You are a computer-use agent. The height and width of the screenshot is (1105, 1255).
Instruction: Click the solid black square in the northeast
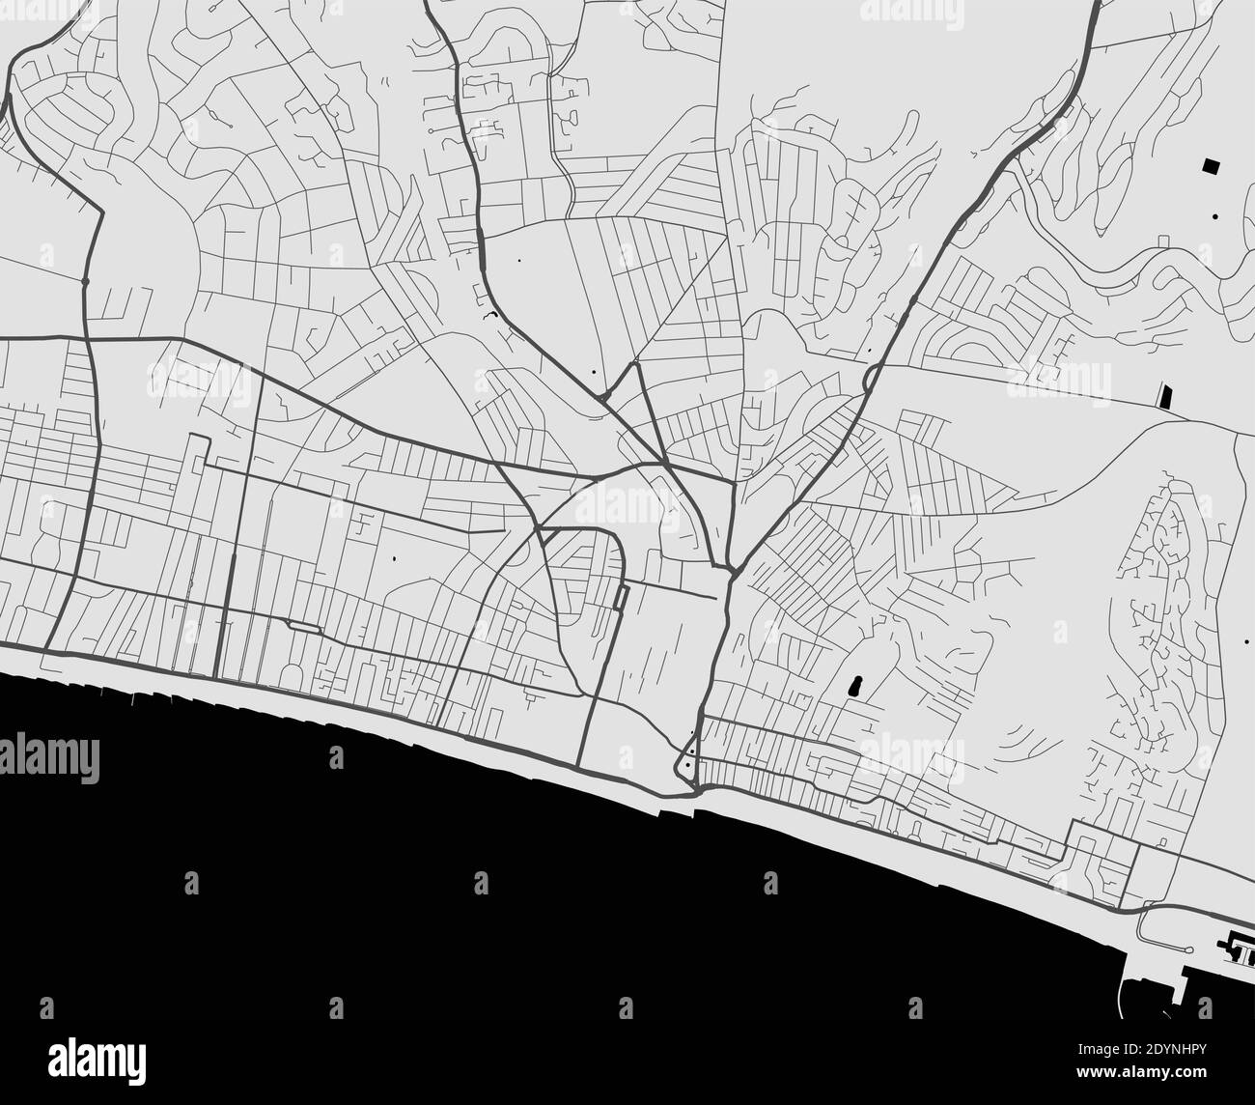pyautogui.click(x=1210, y=165)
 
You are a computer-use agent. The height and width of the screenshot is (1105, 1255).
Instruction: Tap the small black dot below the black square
pyautogui.click(x=1215, y=216)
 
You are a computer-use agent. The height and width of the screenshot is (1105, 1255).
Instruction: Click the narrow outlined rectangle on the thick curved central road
pyautogui.click(x=620, y=599)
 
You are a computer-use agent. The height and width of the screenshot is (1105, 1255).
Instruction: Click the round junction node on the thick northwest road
pyautogui.click(x=85, y=280)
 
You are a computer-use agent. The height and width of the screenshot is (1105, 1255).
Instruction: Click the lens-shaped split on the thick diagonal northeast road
pyautogui.click(x=870, y=376)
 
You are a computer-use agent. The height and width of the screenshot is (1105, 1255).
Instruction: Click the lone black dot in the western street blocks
pyautogui.click(x=395, y=558)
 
